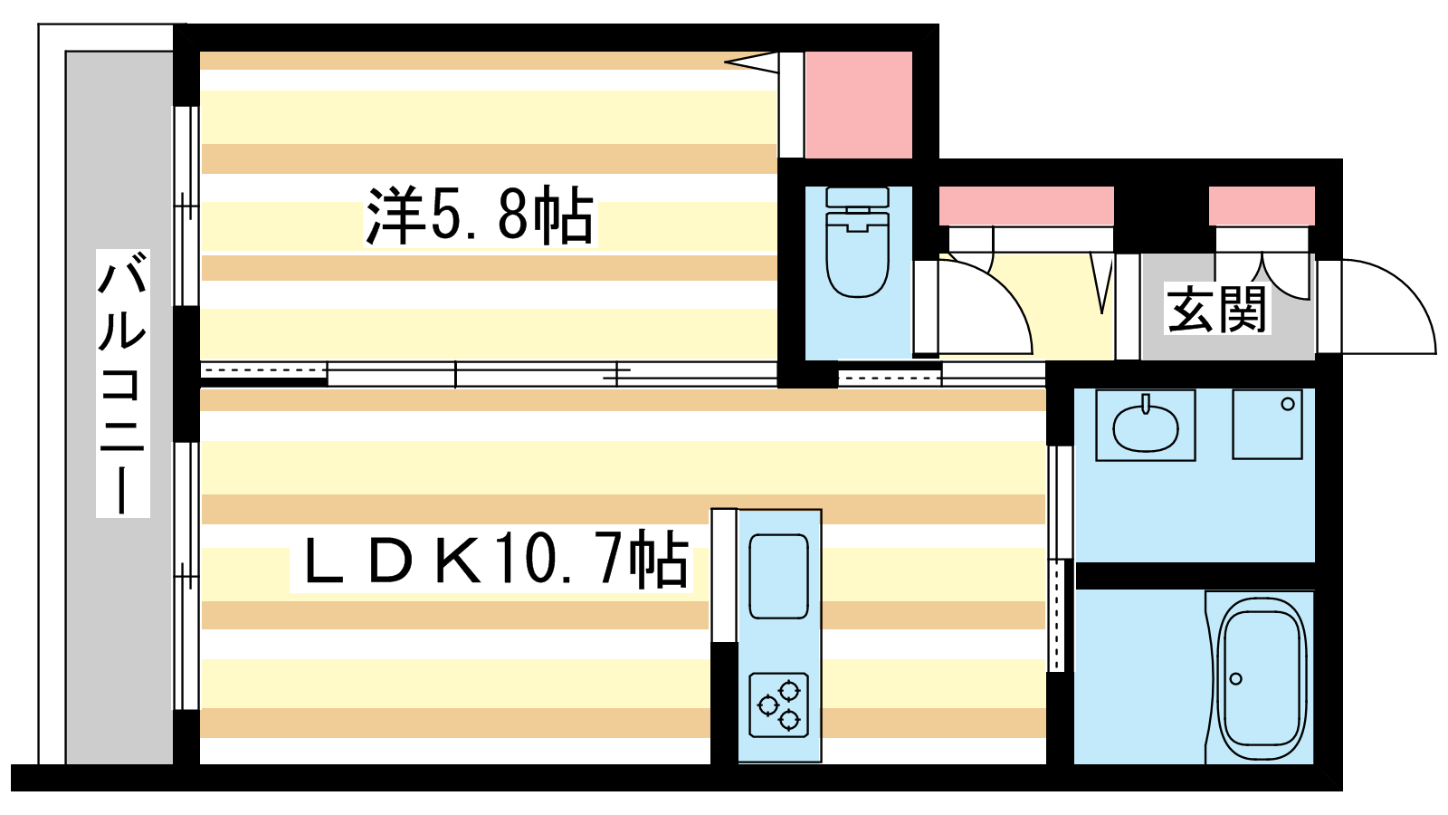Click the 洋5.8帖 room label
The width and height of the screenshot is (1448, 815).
[480, 216]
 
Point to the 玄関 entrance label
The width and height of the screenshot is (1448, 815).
[1216, 309]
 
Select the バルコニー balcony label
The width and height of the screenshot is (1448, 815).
[123, 383]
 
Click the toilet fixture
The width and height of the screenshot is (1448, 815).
[858, 242]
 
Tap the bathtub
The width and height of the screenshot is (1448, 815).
[1260, 678]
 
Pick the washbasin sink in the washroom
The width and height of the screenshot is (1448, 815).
[1146, 427]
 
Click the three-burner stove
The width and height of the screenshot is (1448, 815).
[779, 705]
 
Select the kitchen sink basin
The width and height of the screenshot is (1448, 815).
[779, 576]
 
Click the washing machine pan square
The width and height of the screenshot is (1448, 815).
[1267, 425]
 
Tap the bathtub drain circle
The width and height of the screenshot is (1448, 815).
[1236, 678]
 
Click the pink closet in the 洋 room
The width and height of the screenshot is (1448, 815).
[859, 105]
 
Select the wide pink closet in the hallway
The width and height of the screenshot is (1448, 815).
[1026, 206]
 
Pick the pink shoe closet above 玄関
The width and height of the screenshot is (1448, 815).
[1262, 206]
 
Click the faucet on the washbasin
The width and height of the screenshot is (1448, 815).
[1146, 404]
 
